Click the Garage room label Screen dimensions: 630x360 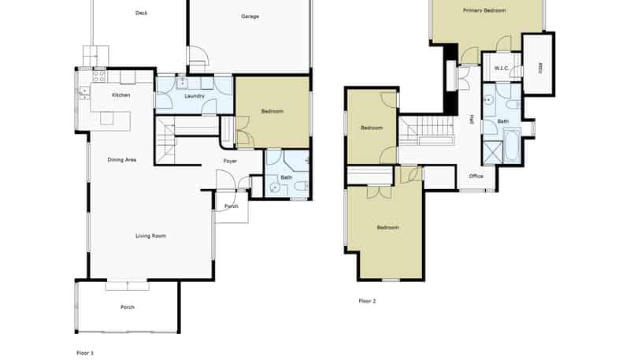pos(250,17)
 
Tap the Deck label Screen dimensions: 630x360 pos(142,13)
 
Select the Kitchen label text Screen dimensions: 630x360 pos(121,95)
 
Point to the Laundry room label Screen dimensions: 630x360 pos(195,96)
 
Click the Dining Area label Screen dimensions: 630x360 pos(122,160)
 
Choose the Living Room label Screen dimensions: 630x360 pos(150,236)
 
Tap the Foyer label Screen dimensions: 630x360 pos(230,161)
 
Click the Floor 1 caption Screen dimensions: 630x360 pos(85,353)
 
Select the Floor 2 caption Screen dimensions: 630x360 pos(367,301)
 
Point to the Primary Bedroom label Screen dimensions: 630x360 pos(484,10)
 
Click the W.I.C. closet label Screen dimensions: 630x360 pos(502,69)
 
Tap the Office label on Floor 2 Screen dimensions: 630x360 pos(476,176)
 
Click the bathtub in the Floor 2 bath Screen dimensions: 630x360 pos(512,145)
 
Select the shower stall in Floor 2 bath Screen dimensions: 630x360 pos(493,152)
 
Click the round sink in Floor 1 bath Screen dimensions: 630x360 pos(275,187)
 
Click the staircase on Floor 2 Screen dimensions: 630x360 pos(427,131)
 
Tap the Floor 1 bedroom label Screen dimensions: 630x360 pos(272,111)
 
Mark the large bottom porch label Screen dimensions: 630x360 pos(128,307)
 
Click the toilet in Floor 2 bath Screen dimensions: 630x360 pos(512,106)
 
